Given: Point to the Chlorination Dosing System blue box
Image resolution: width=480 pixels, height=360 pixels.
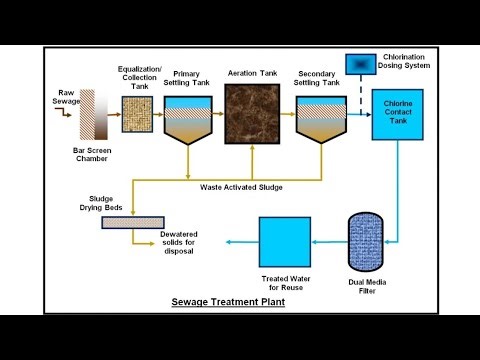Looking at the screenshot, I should [359, 63].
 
